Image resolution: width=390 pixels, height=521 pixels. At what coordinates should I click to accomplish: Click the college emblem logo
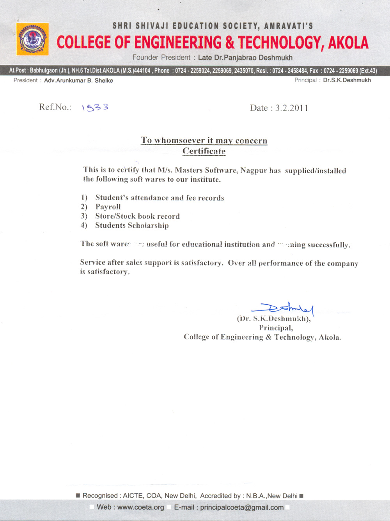[32, 39]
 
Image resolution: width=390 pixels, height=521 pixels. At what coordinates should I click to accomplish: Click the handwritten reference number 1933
[95, 107]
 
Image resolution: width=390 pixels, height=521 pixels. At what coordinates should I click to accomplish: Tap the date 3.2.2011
[292, 108]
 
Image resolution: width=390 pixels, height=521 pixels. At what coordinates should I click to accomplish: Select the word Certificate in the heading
[204, 151]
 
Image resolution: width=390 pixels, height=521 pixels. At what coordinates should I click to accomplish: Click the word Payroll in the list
[108, 207]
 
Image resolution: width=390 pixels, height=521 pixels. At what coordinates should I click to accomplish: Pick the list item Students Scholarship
[132, 225]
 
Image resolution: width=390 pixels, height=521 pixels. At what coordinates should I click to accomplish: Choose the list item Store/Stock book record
[137, 216]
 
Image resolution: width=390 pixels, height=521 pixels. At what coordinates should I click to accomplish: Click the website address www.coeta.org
[140, 507]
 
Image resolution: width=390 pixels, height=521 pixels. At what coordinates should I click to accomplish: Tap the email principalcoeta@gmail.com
[242, 507]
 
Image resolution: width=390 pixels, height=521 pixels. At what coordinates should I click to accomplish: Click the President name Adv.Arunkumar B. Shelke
[78, 80]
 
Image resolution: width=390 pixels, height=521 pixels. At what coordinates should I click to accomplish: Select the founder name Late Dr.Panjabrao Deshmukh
[245, 58]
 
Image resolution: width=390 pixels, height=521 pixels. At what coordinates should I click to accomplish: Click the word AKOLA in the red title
[348, 43]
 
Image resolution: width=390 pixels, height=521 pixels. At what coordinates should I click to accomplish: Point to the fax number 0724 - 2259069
[340, 71]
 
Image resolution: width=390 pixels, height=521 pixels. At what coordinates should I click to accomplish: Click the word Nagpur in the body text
[253, 170]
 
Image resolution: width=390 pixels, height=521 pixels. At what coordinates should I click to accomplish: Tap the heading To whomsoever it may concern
[204, 140]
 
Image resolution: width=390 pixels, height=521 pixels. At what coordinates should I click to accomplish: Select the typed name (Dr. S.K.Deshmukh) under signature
[274, 319]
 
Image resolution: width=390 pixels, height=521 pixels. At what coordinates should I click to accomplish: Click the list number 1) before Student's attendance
[84, 197]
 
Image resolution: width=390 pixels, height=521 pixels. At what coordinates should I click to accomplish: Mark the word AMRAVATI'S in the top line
[289, 26]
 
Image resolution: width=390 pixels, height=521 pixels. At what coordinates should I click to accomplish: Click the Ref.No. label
[55, 107]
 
